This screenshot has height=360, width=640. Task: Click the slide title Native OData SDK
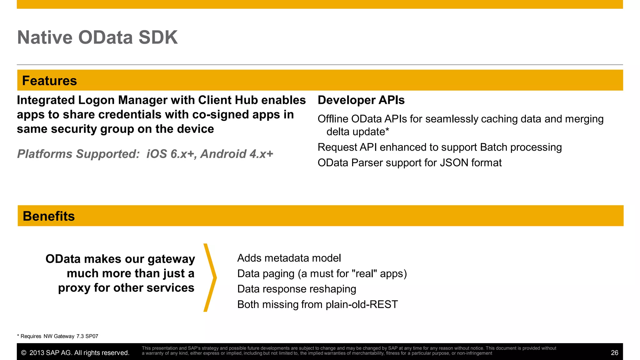[x=97, y=37]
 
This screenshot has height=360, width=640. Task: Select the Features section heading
[x=49, y=81]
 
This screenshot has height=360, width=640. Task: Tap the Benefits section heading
[x=49, y=216]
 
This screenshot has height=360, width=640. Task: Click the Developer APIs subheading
[x=361, y=100]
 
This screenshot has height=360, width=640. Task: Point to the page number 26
[x=614, y=353]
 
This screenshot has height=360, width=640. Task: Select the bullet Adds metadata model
[x=289, y=258]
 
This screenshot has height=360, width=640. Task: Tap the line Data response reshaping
[x=297, y=289]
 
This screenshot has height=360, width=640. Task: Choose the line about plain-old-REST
[x=317, y=304]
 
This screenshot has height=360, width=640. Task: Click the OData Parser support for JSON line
[x=409, y=163]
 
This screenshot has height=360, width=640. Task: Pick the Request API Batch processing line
[x=439, y=147]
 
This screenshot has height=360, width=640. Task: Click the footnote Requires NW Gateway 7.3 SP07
[x=58, y=336]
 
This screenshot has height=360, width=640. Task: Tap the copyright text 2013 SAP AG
[x=75, y=353]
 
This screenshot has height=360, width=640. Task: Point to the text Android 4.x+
[x=237, y=154]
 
